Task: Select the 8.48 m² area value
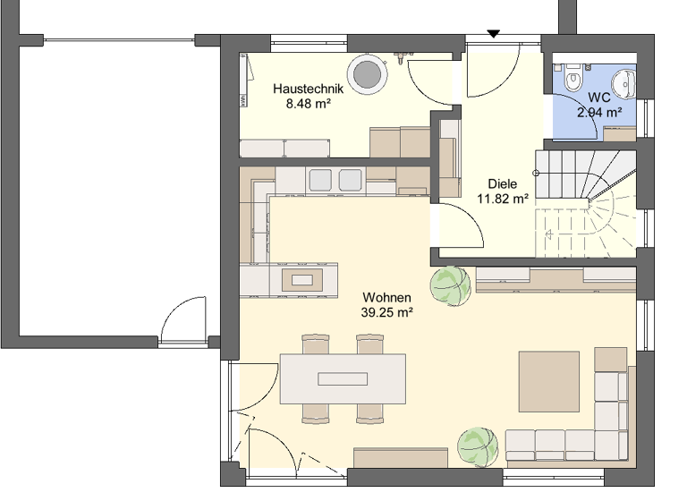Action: point(309,104)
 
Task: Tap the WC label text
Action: point(598,98)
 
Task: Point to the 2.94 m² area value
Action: point(599,112)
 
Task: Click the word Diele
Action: point(502,184)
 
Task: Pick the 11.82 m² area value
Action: point(502,199)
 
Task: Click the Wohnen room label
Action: point(386,297)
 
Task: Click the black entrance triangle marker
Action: point(493,34)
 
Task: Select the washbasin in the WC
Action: point(630,81)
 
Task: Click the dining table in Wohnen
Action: point(343,378)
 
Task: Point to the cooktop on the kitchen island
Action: point(304,280)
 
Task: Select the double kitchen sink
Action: point(335,179)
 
